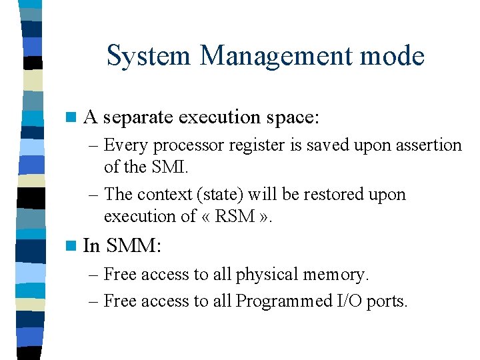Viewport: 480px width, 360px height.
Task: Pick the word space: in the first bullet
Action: [293, 118]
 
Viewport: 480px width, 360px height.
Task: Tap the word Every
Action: [125, 145]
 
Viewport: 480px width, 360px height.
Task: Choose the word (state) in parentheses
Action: [224, 194]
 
